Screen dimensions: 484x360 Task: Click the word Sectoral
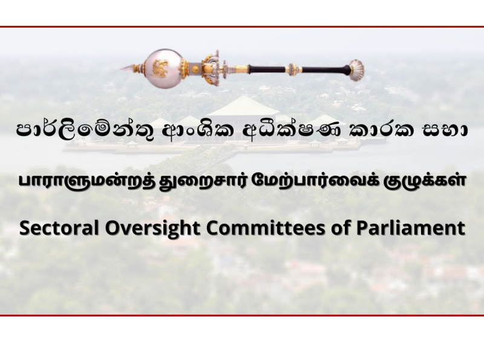(x=59, y=227)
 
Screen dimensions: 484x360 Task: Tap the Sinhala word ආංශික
(x=198, y=131)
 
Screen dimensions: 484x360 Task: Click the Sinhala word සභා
(x=443, y=131)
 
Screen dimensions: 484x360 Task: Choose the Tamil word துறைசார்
(x=204, y=182)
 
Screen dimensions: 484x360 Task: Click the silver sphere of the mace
(x=163, y=68)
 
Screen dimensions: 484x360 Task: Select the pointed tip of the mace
(x=122, y=68)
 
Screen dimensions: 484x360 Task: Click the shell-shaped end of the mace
(x=357, y=70)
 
